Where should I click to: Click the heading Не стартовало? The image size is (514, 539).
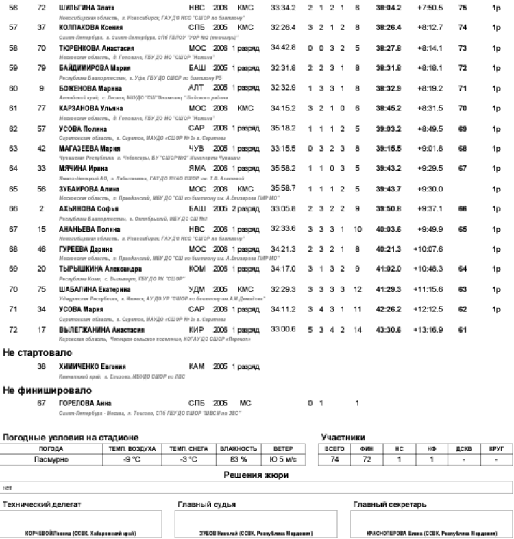[37, 352]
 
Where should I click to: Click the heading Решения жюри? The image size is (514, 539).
[256, 475]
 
